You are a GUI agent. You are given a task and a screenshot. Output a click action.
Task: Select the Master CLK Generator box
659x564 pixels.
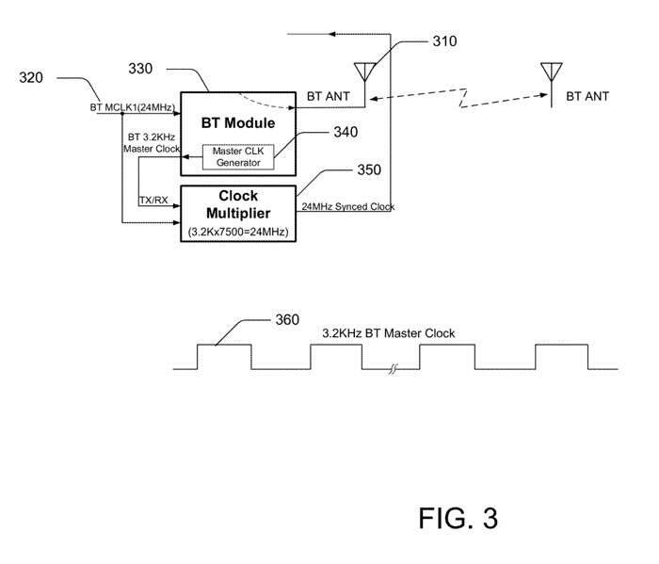coord(239,156)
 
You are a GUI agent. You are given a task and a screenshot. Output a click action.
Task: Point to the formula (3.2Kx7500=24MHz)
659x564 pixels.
coord(238,230)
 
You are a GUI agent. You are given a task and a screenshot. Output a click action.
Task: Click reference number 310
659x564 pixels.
coord(444,41)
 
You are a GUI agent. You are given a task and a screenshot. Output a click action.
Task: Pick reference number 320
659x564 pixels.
coord(31,77)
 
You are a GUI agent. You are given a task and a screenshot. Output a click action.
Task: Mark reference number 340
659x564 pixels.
coord(346,132)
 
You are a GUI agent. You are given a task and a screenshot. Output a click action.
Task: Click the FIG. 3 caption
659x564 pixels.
coord(458,517)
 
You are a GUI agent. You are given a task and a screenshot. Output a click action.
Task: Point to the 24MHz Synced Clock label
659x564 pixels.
coord(347,206)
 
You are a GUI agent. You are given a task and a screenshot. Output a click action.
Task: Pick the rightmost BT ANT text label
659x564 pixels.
coord(587,96)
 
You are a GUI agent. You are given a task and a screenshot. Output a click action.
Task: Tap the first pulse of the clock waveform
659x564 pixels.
coord(224,356)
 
